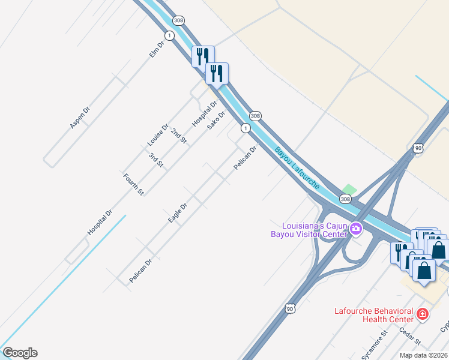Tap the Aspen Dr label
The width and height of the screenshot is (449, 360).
click(x=79, y=117)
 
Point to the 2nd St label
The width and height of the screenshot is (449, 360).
click(x=179, y=136)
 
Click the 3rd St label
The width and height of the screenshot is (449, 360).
click(x=156, y=160)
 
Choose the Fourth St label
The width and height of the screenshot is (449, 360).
click(x=133, y=184)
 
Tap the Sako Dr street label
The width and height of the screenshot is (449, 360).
click(x=216, y=120)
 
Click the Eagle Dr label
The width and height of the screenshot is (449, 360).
click(x=178, y=213)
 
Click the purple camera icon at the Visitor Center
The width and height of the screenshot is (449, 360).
click(x=355, y=229)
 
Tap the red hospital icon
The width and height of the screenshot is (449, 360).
click(x=423, y=314)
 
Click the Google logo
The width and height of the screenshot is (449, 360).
click(x=20, y=353)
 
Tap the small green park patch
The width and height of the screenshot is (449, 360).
click(x=349, y=190)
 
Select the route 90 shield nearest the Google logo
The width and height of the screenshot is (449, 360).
click(x=291, y=308)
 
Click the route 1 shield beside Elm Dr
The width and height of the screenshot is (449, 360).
click(x=170, y=36)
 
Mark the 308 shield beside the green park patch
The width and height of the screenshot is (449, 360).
click(x=345, y=199)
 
